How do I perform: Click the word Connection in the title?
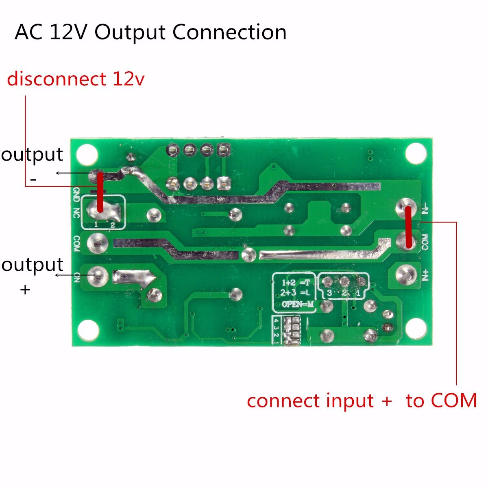[x=229, y=33]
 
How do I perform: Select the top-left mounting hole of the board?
[x=87, y=154]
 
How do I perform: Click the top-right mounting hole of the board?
[x=416, y=154]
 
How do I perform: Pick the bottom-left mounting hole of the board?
[x=88, y=330]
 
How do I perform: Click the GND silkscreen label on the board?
[x=76, y=195]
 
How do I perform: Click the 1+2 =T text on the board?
[x=295, y=283]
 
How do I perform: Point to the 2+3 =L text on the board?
[x=295, y=293]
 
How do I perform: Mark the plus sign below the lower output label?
[x=25, y=290]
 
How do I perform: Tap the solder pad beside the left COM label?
[x=98, y=243]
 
